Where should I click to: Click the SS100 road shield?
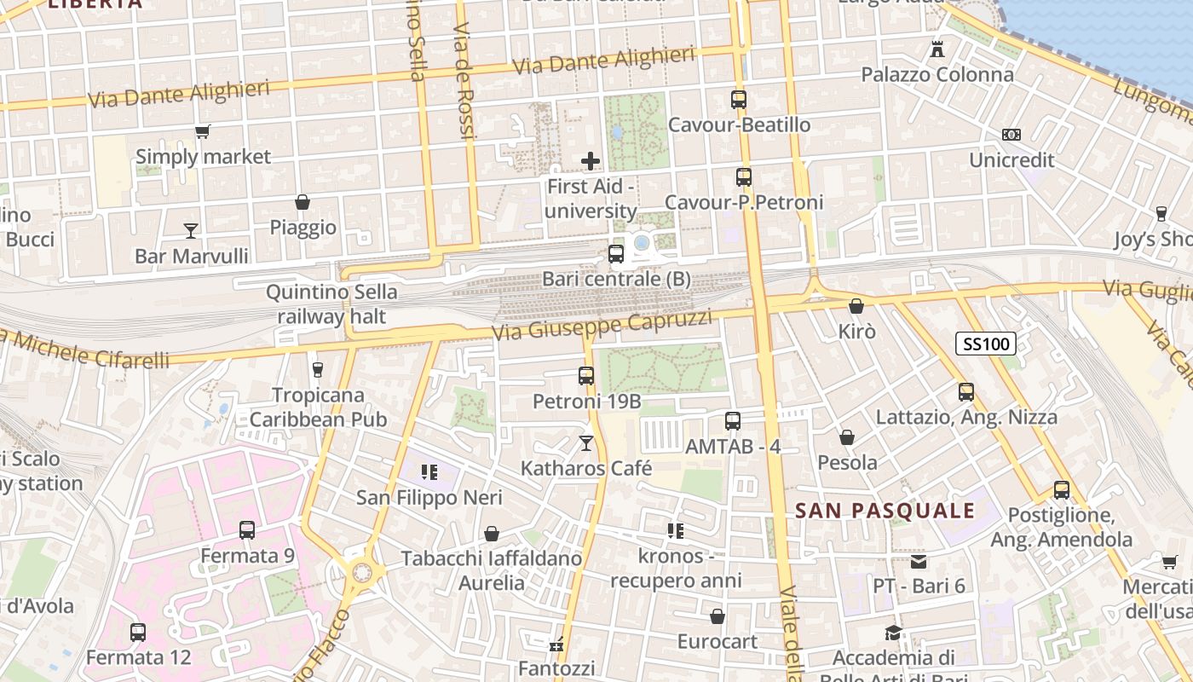pos(985,344)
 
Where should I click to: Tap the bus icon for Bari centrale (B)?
pos(615,254)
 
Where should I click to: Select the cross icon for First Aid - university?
pos(590,160)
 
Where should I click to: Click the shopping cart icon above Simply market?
pos(202,131)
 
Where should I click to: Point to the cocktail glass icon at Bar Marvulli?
pos(190,230)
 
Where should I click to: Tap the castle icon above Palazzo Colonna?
pos(937,49)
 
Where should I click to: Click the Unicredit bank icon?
pos(1011,135)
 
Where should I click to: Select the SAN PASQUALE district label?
pos(885,511)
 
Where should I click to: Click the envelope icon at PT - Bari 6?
pos(918,561)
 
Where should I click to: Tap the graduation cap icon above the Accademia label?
pos(892,633)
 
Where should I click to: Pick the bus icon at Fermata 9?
pos(246,530)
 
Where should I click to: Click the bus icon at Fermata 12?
pos(137,633)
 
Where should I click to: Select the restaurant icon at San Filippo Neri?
pos(429,471)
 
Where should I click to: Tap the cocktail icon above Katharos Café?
pos(585,442)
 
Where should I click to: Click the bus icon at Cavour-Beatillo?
pos(738,100)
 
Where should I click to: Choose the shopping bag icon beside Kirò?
pos(856,306)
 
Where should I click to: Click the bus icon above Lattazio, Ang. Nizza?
pos(965,392)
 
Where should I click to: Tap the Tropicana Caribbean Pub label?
pos(318,407)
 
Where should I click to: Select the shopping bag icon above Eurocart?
pos(717,616)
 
